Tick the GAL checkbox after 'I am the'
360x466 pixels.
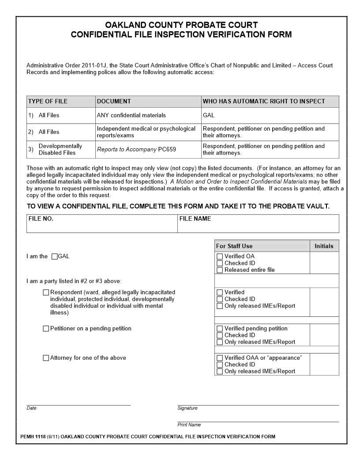click(55, 256)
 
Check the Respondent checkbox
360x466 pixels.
click(46, 292)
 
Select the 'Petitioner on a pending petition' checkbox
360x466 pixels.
click(46, 329)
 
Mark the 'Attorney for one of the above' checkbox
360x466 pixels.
click(46, 358)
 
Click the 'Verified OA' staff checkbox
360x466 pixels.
click(220, 256)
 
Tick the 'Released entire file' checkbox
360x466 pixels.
click(220, 270)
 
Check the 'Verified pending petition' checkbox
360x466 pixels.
click(220, 329)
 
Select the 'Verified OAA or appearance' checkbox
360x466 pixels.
click(220, 358)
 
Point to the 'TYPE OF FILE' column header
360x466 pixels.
click(48, 101)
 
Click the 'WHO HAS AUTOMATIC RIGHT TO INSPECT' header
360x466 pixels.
click(264, 101)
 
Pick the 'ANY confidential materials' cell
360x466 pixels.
click(131, 116)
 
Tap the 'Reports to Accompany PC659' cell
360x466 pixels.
click(136, 150)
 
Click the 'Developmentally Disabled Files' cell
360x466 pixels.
click(60, 150)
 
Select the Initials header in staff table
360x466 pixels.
click(324, 246)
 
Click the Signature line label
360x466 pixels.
click(187, 408)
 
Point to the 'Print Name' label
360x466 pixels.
click(189, 425)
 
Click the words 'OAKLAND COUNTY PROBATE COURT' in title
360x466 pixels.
click(181, 25)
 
